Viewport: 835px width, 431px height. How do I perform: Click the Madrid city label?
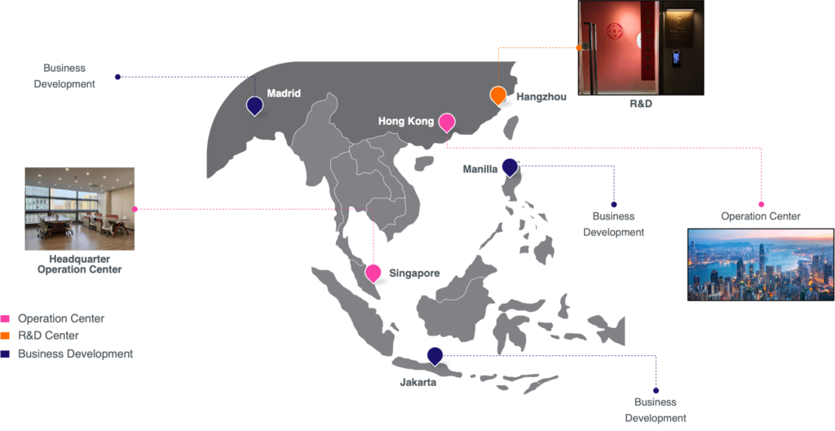(x=284, y=93)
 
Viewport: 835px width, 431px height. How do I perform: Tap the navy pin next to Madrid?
(x=255, y=105)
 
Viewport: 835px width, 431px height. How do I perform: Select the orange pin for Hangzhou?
(x=498, y=96)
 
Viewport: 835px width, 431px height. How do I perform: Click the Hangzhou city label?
(x=541, y=97)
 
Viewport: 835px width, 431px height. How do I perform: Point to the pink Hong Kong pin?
(x=447, y=122)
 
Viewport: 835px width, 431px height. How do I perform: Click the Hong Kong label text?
(x=406, y=122)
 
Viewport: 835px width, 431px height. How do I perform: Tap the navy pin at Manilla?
(x=510, y=167)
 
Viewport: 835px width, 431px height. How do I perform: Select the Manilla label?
(x=480, y=170)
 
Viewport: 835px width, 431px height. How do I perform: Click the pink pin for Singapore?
(x=373, y=273)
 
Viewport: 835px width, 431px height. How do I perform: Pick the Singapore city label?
(x=414, y=273)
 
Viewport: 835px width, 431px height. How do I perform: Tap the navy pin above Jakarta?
(x=435, y=357)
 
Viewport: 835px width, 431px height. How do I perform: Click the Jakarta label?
(x=418, y=383)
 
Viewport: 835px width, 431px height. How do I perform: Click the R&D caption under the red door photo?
(x=641, y=104)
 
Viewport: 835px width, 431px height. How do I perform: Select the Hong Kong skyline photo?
(x=761, y=264)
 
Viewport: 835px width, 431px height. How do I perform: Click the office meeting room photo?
(x=79, y=209)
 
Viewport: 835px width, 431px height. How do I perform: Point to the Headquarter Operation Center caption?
(x=79, y=264)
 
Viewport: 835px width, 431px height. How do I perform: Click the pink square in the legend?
(x=6, y=319)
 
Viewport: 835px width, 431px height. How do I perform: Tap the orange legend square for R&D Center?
(x=6, y=336)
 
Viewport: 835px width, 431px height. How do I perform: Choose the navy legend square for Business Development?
(x=6, y=354)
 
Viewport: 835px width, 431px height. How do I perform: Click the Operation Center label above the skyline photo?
(x=761, y=216)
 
